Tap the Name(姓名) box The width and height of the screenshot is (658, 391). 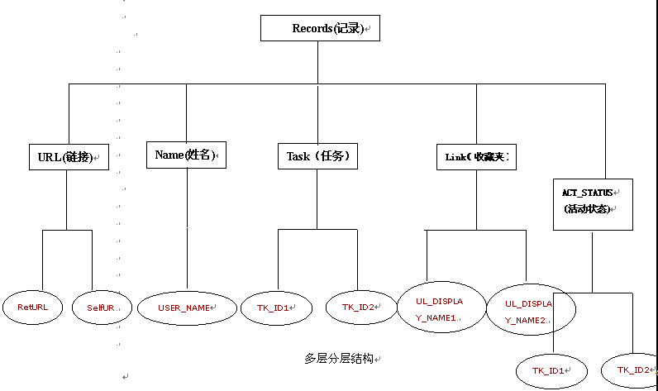186,155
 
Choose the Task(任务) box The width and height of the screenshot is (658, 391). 317,155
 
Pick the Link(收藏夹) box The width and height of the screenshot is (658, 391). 475,155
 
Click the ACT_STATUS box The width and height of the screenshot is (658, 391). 592,203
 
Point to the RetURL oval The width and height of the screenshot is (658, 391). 33,307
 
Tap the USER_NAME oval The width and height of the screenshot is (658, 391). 187,308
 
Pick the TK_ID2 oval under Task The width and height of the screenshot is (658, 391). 361,308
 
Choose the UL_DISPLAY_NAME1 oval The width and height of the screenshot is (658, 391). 440,308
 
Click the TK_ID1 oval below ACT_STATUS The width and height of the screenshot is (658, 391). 551,371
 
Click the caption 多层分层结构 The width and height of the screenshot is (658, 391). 338,359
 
